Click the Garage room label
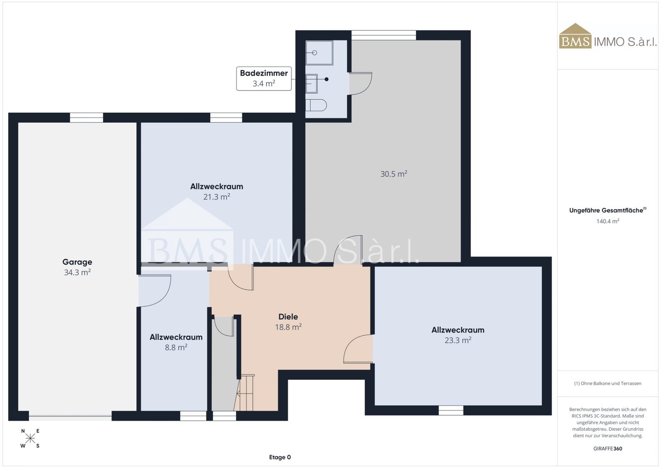click(x=77, y=262)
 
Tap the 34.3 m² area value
click(x=77, y=272)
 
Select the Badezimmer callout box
click(x=264, y=79)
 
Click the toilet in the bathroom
click(x=316, y=105)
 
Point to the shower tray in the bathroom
click(x=319, y=53)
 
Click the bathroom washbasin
click(x=312, y=84)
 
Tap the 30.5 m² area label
click(x=394, y=174)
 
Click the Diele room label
click(x=288, y=316)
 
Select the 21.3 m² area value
click(x=217, y=197)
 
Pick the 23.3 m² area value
click(x=458, y=340)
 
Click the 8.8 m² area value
click(x=176, y=347)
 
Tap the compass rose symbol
click(x=30, y=439)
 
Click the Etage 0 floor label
click(x=280, y=457)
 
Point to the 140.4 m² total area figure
click(x=608, y=221)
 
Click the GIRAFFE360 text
click(x=608, y=449)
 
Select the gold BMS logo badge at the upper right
click(x=576, y=36)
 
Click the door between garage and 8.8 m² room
click(x=155, y=291)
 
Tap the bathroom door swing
click(x=360, y=84)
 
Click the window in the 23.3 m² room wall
click(x=451, y=410)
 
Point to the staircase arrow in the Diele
click(x=245, y=393)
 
